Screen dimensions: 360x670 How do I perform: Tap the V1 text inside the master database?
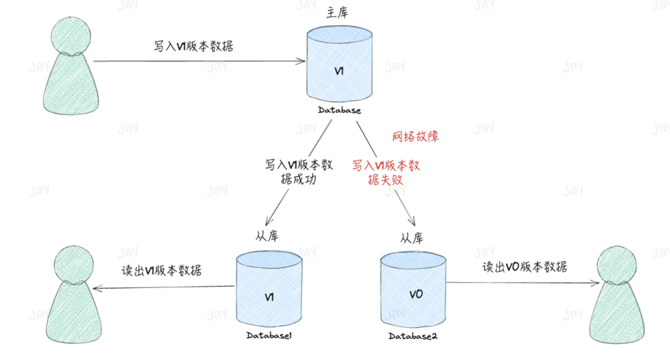coord(339,71)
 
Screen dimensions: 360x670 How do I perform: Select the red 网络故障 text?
coord(416,136)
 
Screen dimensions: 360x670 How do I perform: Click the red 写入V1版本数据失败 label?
coord(386,173)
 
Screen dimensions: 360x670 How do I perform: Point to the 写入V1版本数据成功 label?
coord(298,172)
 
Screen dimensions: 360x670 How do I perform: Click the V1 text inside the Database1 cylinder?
coord(269,297)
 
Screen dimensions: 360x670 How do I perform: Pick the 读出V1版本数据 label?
coord(162,270)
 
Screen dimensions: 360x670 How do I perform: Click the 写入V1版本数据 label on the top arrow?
coord(193,46)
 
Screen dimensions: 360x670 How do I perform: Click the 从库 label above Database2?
coord(411,238)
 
